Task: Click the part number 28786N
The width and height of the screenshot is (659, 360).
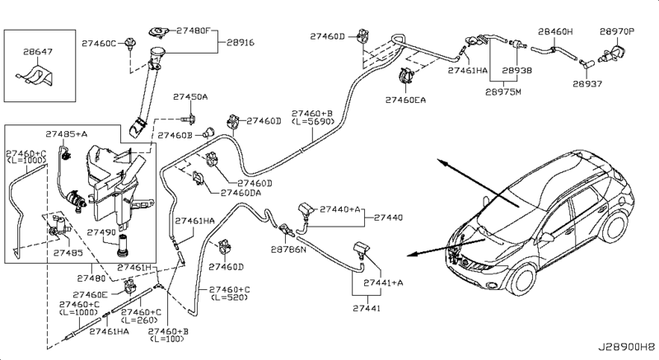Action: click(289, 247)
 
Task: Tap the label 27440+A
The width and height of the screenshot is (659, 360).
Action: click(341, 209)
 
